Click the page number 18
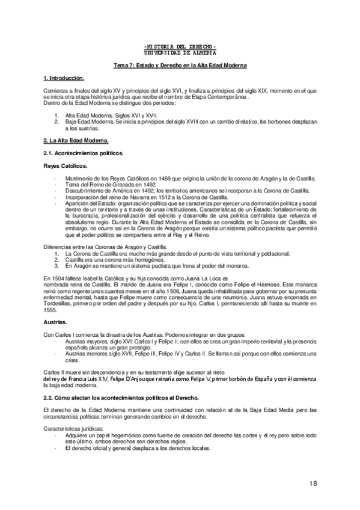tap(314, 484)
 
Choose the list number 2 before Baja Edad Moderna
tap(56, 121)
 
